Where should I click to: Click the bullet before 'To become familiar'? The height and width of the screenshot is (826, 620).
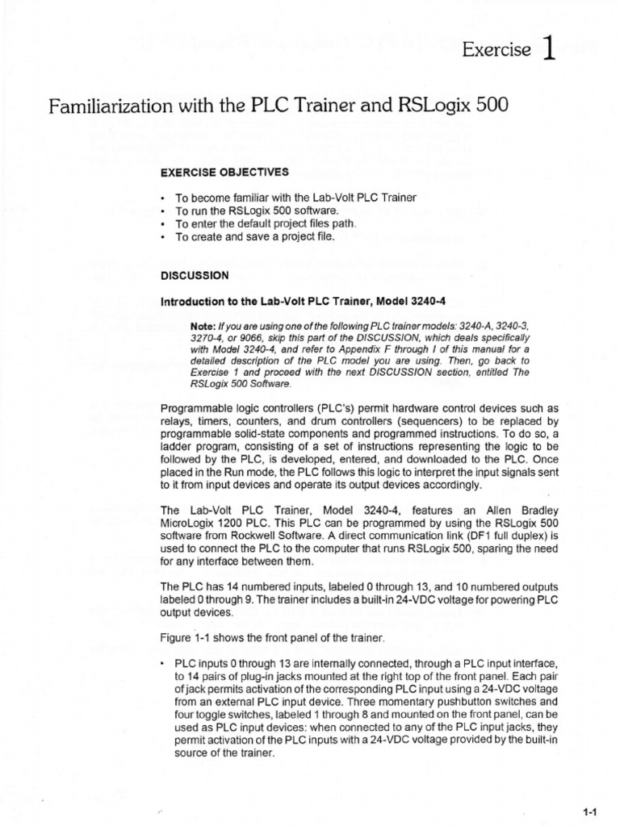pyautogui.click(x=163, y=198)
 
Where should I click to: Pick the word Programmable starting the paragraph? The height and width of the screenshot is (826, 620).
pyautogui.click(x=199, y=408)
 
